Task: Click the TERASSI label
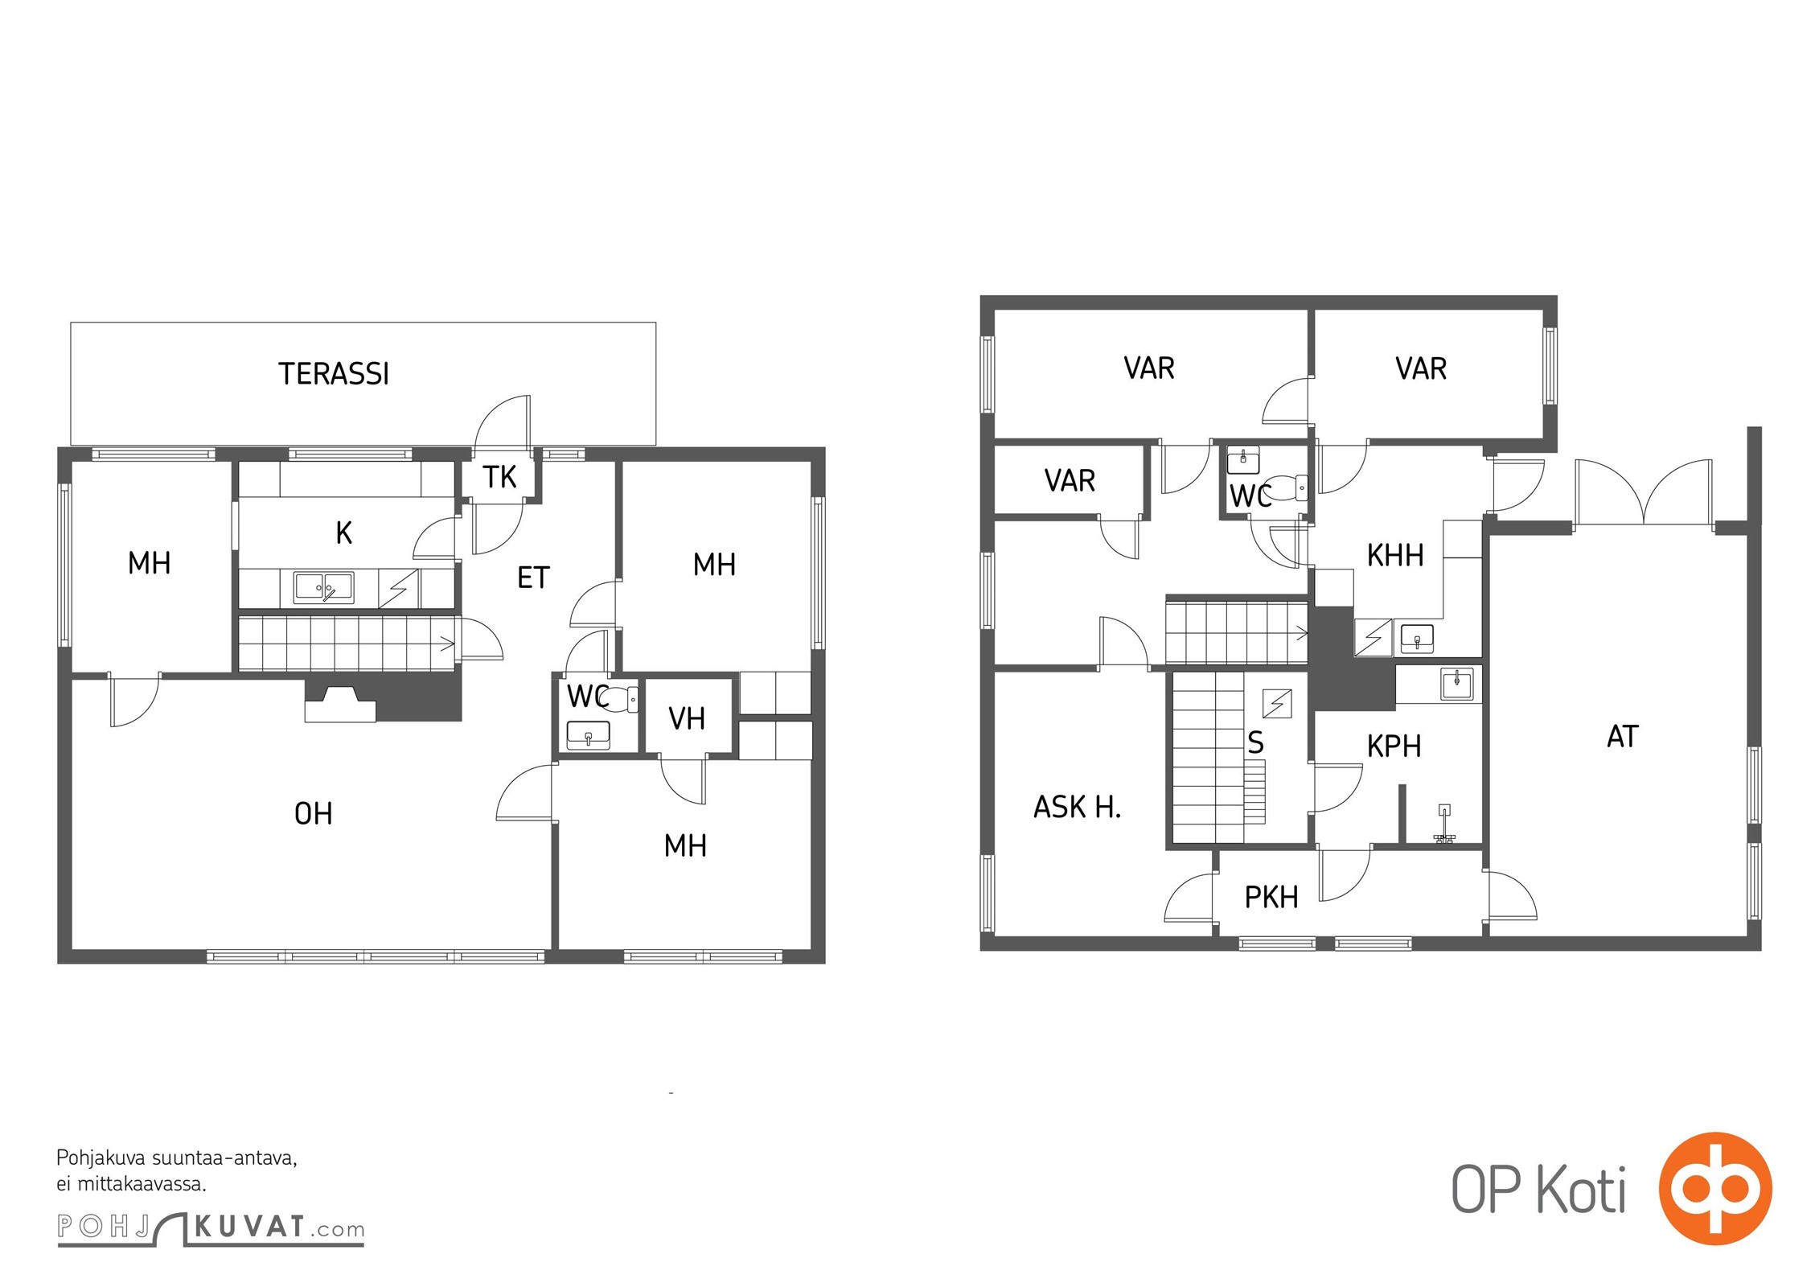tap(334, 374)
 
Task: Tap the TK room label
tap(499, 477)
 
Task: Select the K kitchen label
tap(343, 532)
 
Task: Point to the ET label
tap(533, 578)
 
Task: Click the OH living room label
tap(314, 814)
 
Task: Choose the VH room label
tap(687, 719)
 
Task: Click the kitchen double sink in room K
tap(323, 587)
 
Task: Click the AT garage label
tap(1622, 737)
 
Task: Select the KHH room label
tap(1395, 555)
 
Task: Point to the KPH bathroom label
tap(1394, 746)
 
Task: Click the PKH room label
tap(1271, 897)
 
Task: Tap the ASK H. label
tap(1077, 807)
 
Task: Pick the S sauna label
tap(1255, 742)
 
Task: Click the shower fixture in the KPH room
tap(1445, 823)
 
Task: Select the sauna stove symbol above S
tap(1277, 704)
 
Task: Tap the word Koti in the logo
tap(1581, 1190)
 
